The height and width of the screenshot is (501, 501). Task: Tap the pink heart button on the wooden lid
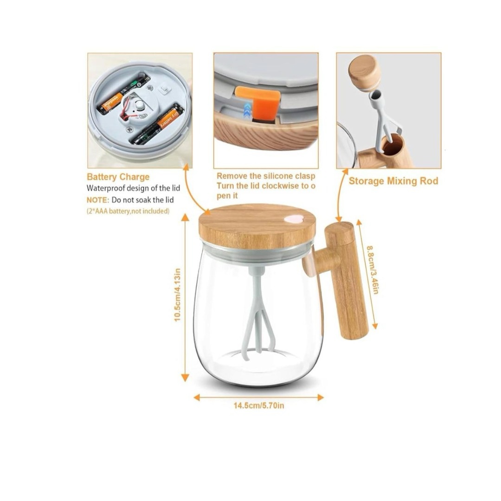[294, 219]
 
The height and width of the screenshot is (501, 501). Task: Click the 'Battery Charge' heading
[118, 177]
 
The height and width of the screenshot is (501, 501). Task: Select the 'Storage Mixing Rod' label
[393, 181]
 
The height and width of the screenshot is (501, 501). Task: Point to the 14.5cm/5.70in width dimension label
[259, 405]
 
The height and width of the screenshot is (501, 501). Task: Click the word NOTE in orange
[98, 200]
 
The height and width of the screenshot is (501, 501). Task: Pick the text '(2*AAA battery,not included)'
[128, 211]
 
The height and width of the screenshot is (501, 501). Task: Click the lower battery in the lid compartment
[158, 125]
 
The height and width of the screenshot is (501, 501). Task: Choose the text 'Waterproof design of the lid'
[133, 188]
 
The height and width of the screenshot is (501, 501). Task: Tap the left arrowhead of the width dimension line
[197, 398]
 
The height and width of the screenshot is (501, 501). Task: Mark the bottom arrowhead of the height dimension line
[185, 379]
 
